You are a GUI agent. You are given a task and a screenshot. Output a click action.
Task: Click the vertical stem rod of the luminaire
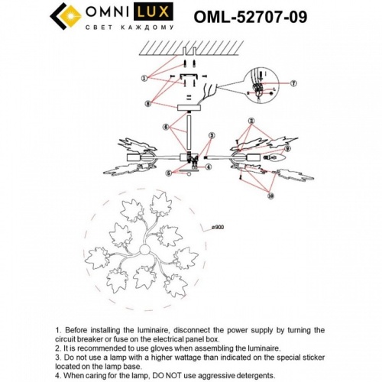[187, 134]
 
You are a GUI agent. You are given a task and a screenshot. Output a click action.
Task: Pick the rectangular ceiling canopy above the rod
[187, 109]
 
